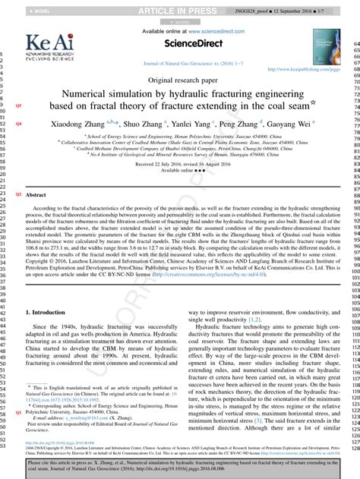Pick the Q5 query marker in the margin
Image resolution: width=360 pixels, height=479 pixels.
tap(18, 105)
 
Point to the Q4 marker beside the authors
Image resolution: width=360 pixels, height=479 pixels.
tap(18, 122)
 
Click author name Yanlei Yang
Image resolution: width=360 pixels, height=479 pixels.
tap(196, 122)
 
